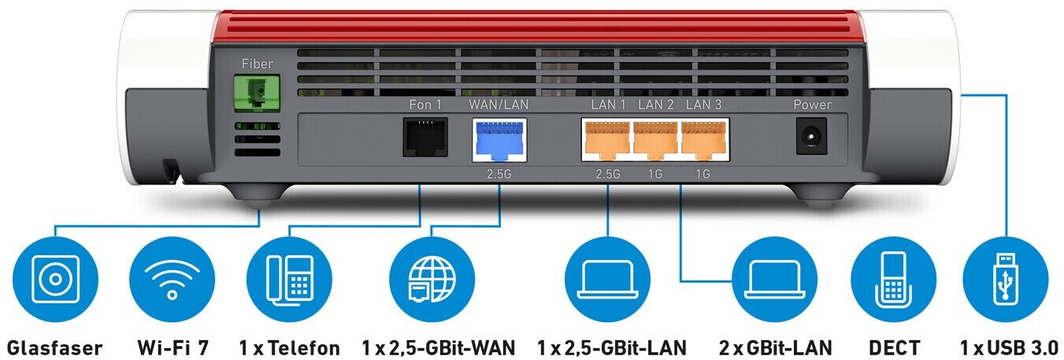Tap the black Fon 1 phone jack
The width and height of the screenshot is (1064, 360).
(x=424, y=135)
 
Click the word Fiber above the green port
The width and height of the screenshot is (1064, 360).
(x=258, y=64)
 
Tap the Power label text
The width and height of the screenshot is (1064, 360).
(x=812, y=105)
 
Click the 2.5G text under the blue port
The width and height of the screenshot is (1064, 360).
(x=499, y=173)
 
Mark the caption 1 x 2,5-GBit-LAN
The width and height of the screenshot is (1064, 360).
(x=612, y=347)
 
